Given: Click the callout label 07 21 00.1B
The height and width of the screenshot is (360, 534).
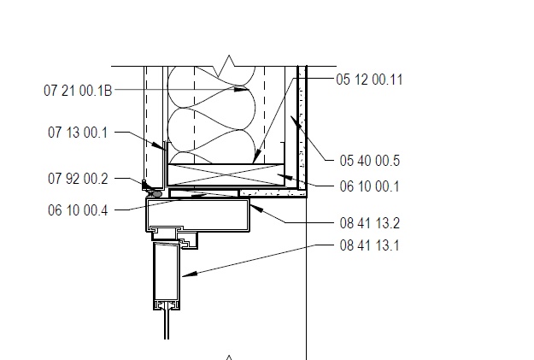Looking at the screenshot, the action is click(78, 91).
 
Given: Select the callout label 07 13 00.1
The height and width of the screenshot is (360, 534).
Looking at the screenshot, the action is click(78, 133).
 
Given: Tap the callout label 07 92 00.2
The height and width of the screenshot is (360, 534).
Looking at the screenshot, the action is click(78, 179).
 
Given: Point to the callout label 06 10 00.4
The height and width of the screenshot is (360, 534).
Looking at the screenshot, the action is click(78, 210).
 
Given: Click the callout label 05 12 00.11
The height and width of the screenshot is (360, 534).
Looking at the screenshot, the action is click(369, 80).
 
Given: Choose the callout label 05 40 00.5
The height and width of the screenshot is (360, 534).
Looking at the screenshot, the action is click(369, 161).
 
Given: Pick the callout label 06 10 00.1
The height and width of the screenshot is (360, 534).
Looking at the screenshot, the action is click(369, 186).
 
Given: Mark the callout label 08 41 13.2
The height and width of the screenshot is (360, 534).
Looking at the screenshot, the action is click(369, 223).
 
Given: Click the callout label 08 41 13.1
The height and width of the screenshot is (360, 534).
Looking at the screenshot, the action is click(369, 245).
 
